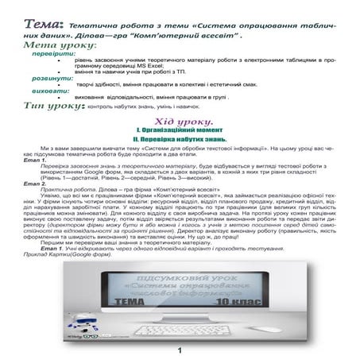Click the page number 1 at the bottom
click(180, 351)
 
